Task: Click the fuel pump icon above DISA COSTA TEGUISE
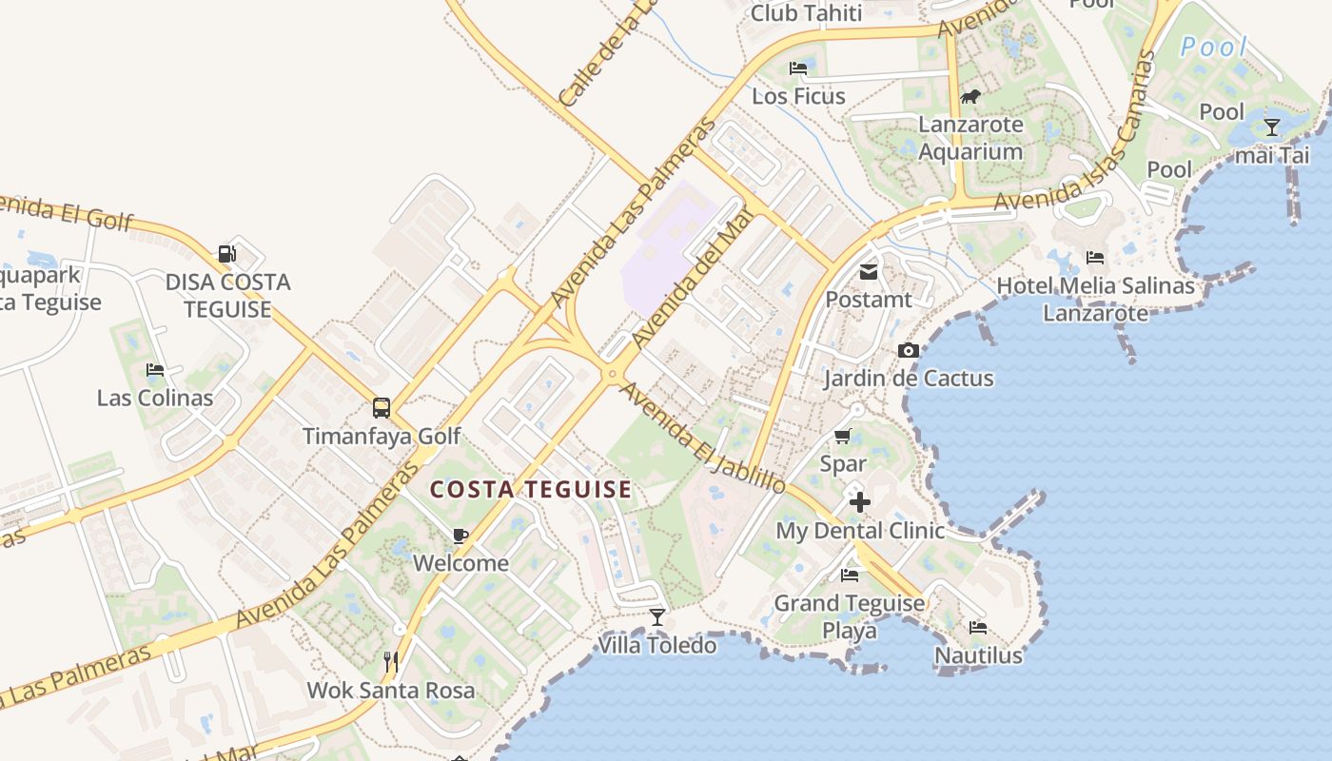(227, 254)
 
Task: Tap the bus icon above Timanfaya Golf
(381, 408)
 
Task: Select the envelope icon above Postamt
(869, 272)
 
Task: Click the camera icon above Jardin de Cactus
(908, 351)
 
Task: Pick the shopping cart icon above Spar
(842, 437)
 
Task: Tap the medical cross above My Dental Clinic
(860, 501)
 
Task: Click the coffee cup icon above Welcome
(460, 536)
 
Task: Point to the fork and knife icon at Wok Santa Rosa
(390, 661)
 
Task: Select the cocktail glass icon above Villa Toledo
(656, 617)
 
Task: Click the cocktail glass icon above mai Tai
(1272, 127)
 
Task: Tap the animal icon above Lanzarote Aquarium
(970, 96)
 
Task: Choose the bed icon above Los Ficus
(798, 68)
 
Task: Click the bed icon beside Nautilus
(977, 628)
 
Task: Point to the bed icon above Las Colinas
(154, 370)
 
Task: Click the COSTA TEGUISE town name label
(531, 490)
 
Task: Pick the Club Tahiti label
(806, 13)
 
